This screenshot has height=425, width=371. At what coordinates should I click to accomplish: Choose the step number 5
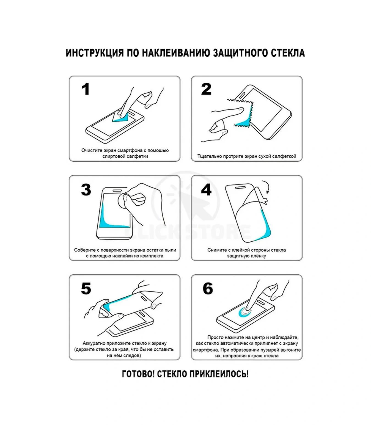tap(86, 289)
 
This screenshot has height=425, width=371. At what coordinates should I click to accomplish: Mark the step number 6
tap(208, 289)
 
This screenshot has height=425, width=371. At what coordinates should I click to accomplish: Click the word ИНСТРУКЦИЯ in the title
tap(95, 53)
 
